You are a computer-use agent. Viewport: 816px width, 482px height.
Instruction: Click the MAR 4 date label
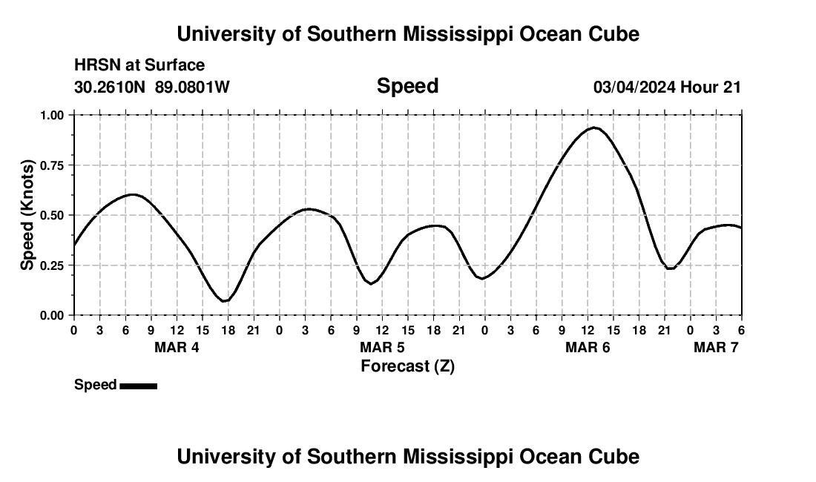pyautogui.click(x=177, y=347)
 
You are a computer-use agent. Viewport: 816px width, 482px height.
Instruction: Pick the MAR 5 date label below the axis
pyautogui.click(x=382, y=347)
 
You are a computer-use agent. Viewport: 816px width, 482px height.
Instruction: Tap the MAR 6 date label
pyautogui.click(x=588, y=347)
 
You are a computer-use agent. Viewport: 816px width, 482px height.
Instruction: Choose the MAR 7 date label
pyautogui.click(x=716, y=347)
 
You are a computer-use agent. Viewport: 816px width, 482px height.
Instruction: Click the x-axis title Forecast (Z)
pyautogui.click(x=407, y=366)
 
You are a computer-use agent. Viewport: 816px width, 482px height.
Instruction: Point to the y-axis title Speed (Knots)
pyautogui.click(x=27, y=215)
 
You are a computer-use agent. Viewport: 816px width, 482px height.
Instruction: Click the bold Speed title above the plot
pyautogui.click(x=407, y=86)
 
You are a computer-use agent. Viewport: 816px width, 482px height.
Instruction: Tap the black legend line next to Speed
pyautogui.click(x=138, y=386)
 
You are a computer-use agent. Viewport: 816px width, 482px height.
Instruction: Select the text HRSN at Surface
pyautogui.click(x=139, y=65)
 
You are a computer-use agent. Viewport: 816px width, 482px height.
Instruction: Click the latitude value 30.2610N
pyautogui.click(x=111, y=87)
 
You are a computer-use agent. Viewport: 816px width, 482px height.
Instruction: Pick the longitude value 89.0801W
pyautogui.click(x=192, y=87)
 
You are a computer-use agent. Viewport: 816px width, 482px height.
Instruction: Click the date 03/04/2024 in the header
pyautogui.click(x=634, y=87)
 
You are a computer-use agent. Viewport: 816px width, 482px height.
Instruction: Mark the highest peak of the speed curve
pyautogui.click(x=593, y=128)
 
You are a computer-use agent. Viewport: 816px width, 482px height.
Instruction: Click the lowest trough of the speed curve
pyautogui.click(x=225, y=301)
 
